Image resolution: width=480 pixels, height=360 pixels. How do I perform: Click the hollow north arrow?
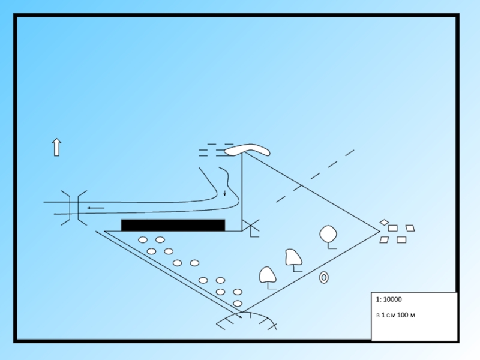pyautogui.click(x=56, y=147)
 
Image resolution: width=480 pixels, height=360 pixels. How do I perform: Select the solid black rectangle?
pyautogui.click(x=173, y=225)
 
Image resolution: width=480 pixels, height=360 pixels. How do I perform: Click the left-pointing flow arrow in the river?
pyautogui.click(x=95, y=208)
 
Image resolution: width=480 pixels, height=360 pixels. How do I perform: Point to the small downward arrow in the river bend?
pyautogui.click(x=224, y=193)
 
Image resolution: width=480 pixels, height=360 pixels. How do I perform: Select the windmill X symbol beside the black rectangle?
pyautogui.click(x=251, y=227)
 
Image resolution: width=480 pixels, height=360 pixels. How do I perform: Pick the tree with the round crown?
pyautogui.click(x=328, y=234)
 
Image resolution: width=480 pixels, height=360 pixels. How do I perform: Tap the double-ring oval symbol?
pyautogui.click(x=324, y=278)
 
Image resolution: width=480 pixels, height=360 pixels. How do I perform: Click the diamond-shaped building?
pyautogui.click(x=384, y=222)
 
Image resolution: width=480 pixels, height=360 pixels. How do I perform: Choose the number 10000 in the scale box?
pyautogui.click(x=392, y=299)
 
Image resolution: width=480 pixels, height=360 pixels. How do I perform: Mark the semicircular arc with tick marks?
pyautogui.click(x=247, y=317)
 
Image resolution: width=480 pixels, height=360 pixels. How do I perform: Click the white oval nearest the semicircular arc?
pyautogui.click(x=238, y=303)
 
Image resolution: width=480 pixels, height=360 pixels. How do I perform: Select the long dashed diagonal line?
pyautogui.click(x=315, y=176)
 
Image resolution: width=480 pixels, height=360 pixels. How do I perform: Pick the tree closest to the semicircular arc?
pyautogui.click(x=267, y=275)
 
